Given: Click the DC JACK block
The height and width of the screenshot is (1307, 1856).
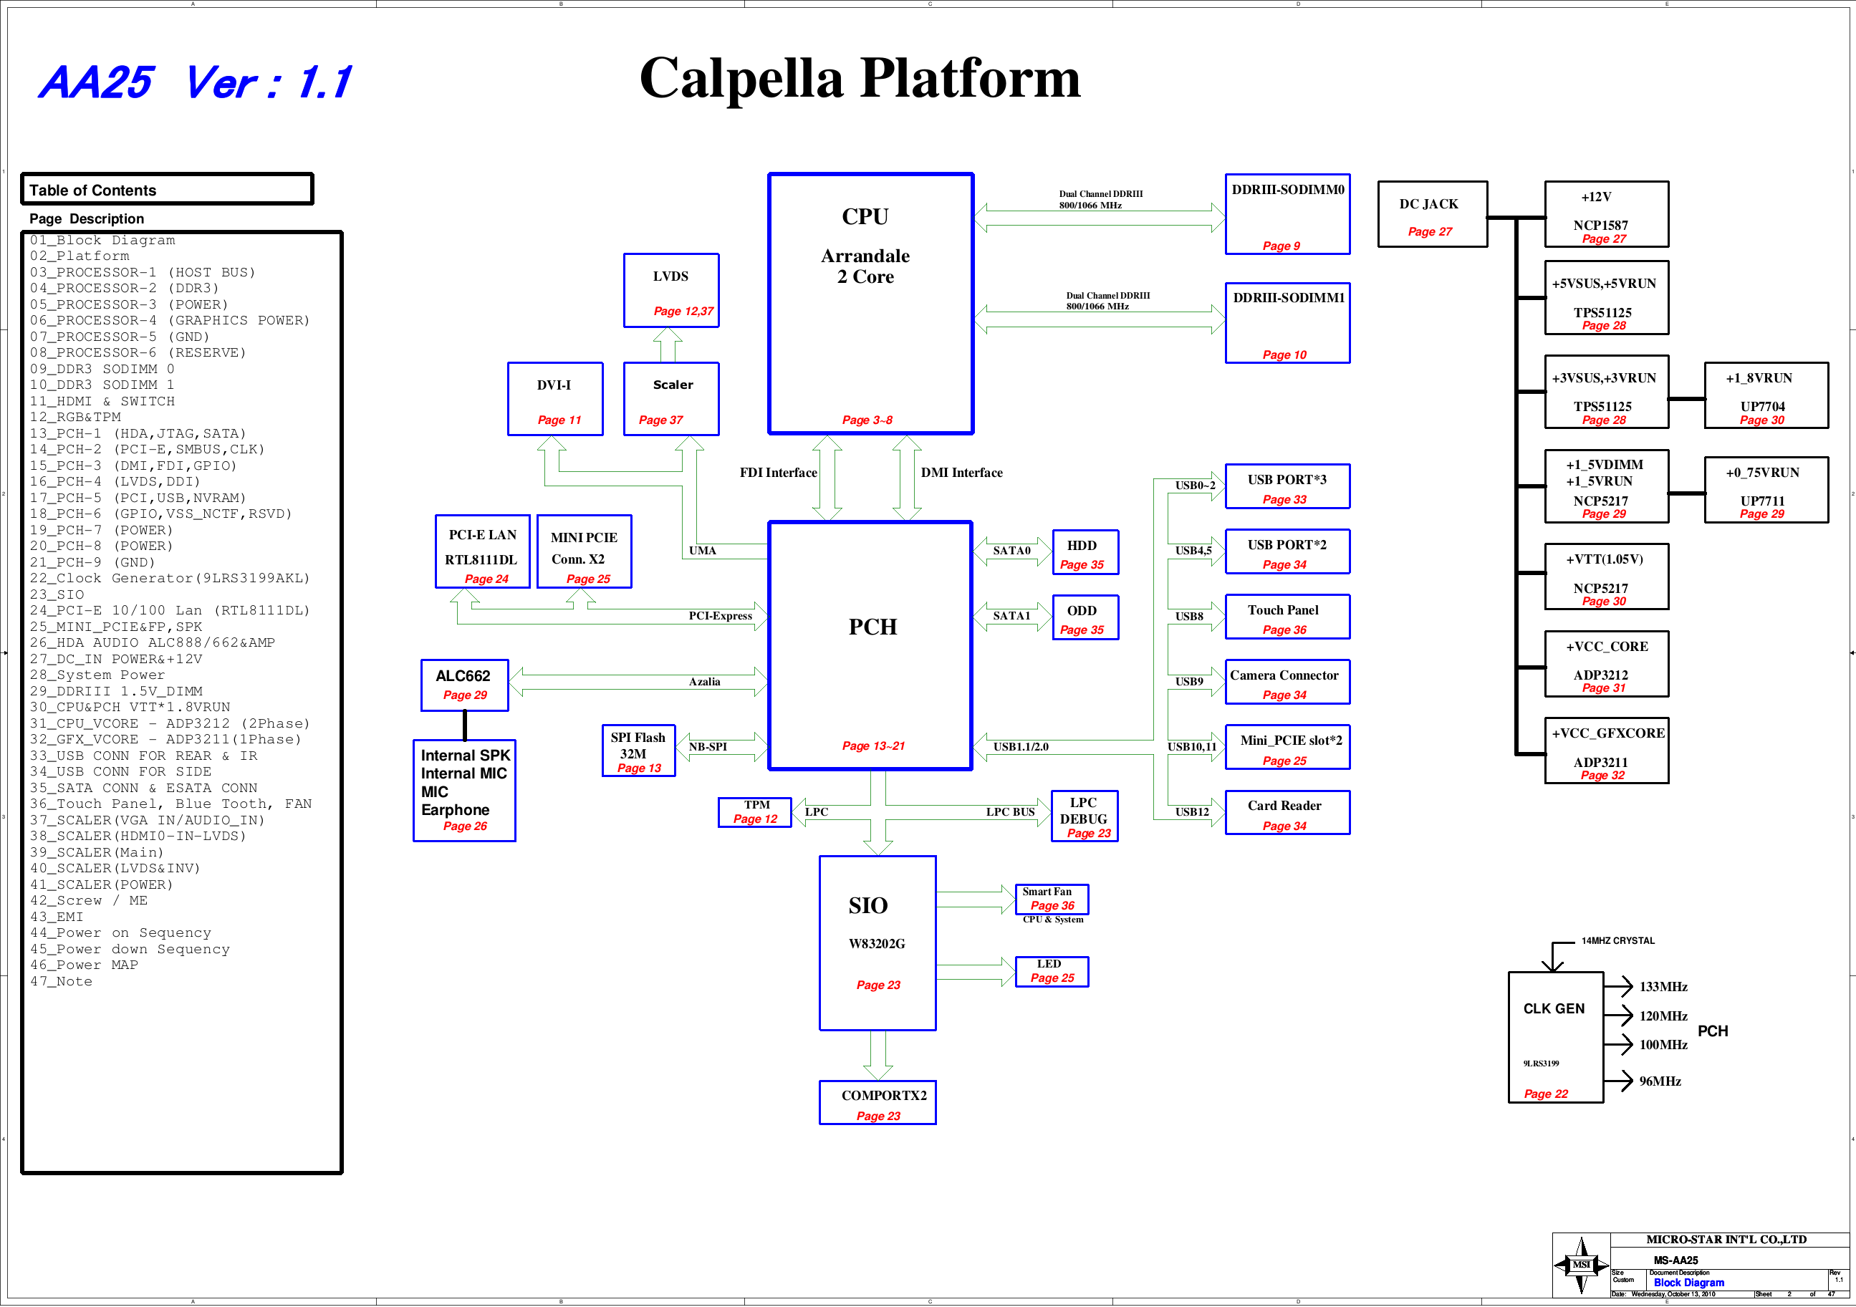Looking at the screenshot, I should [x=1432, y=214].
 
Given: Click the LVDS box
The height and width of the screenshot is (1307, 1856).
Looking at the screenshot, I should [x=671, y=291].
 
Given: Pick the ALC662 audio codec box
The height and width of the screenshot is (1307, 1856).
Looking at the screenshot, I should [x=465, y=685].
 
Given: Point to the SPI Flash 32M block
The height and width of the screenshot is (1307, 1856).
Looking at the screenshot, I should [x=639, y=751].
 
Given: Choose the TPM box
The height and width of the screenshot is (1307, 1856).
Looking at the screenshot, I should [x=755, y=811].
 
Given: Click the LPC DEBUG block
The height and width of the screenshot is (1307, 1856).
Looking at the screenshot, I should [x=1084, y=816].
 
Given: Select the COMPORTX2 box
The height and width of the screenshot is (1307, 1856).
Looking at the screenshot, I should [x=878, y=1102].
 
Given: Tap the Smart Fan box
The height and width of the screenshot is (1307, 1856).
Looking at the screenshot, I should [x=1052, y=899].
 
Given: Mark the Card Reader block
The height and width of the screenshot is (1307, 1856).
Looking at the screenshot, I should [x=1287, y=812].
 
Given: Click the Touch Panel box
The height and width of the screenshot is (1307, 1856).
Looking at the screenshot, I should [x=1287, y=617].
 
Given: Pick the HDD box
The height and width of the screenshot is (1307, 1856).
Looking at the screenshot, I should [x=1085, y=553].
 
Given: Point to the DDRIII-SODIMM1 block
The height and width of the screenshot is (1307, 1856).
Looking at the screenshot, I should [x=1287, y=323].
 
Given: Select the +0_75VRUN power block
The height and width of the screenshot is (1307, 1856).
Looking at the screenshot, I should [x=1766, y=491].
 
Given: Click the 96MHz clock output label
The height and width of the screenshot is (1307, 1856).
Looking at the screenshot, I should [x=1660, y=1081].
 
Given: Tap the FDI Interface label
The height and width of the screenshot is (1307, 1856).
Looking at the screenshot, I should [x=778, y=473].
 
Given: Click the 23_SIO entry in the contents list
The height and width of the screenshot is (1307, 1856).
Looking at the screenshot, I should [x=57, y=595].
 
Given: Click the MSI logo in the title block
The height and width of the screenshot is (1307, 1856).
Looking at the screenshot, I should [x=1580, y=1265].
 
